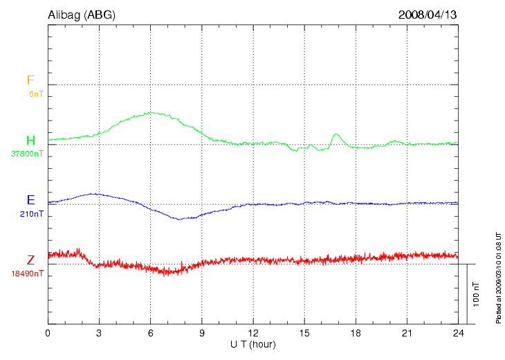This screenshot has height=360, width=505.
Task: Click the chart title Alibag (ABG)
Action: pos(80,14)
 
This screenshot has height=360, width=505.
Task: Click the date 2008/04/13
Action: pos(428,14)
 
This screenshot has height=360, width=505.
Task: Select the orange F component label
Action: pos(30,80)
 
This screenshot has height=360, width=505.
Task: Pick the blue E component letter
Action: pos(30,201)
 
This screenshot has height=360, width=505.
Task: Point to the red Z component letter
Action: pos(30,260)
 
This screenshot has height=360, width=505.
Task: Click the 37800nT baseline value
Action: pos(27,154)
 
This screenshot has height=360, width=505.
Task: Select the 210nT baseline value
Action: pos(32,214)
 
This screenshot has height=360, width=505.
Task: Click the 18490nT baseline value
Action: pos(27,273)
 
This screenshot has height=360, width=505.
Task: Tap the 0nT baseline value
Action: pos(36,93)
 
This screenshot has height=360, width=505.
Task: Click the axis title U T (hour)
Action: pos(253,344)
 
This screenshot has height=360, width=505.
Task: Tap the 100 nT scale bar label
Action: pos(475,294)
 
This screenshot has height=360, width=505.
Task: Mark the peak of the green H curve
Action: pos(150,112)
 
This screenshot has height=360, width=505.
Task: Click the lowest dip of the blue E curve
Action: pos(178,219)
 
